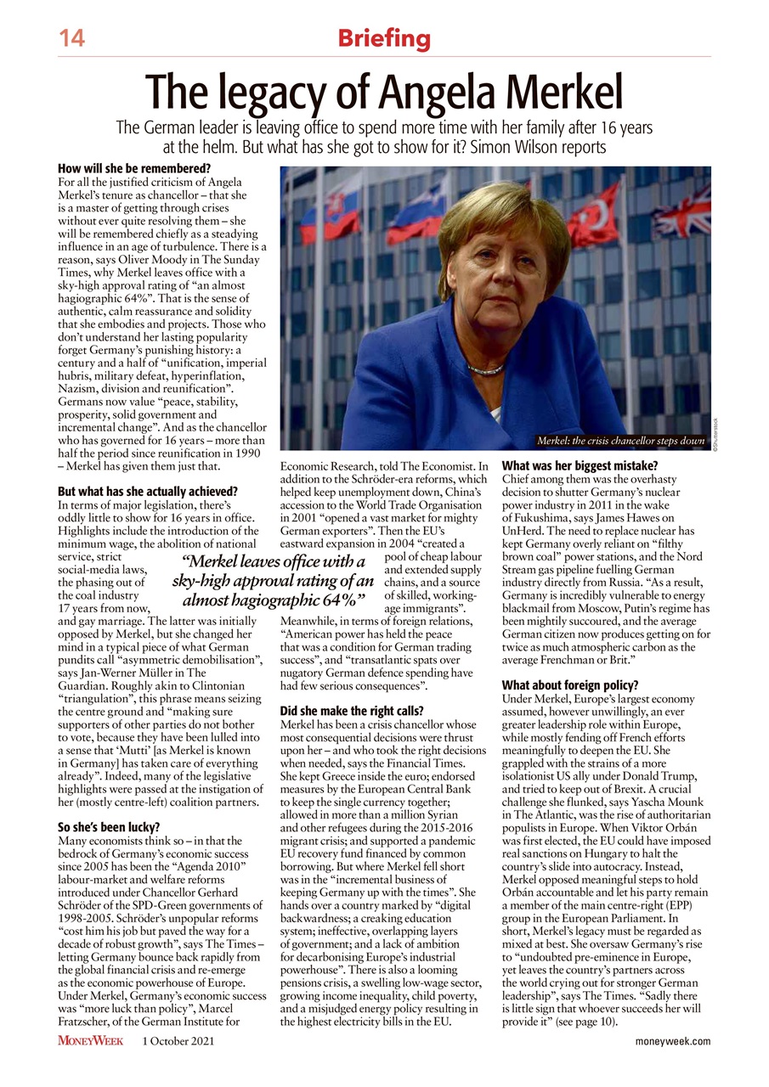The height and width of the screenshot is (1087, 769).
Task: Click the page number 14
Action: pyautogui.click(x=72, y=38)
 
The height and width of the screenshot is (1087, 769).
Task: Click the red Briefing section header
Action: pyautogui.click(x=384, y=38)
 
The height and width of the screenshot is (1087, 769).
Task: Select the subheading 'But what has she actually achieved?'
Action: pyautogui.click(x=147, y=492)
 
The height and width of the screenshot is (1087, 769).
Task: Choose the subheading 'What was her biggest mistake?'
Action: pyautogui.click(x=581, y=465)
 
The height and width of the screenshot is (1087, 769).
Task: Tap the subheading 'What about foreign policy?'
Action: pyautogui.click(x=570, y=685)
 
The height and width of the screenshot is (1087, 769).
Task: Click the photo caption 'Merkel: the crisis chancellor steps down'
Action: pyautogui.click(x=620, y=441)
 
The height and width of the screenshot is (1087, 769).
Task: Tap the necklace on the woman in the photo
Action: pyautogui.click(x=485, y=369)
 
